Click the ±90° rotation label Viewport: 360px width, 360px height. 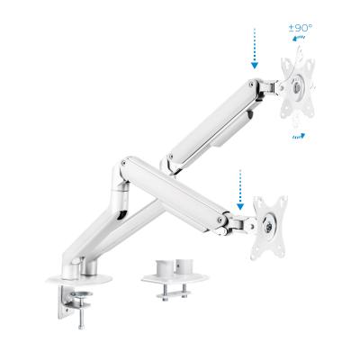tap(300, 29)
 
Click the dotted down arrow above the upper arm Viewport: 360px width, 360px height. tap(256, 49)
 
